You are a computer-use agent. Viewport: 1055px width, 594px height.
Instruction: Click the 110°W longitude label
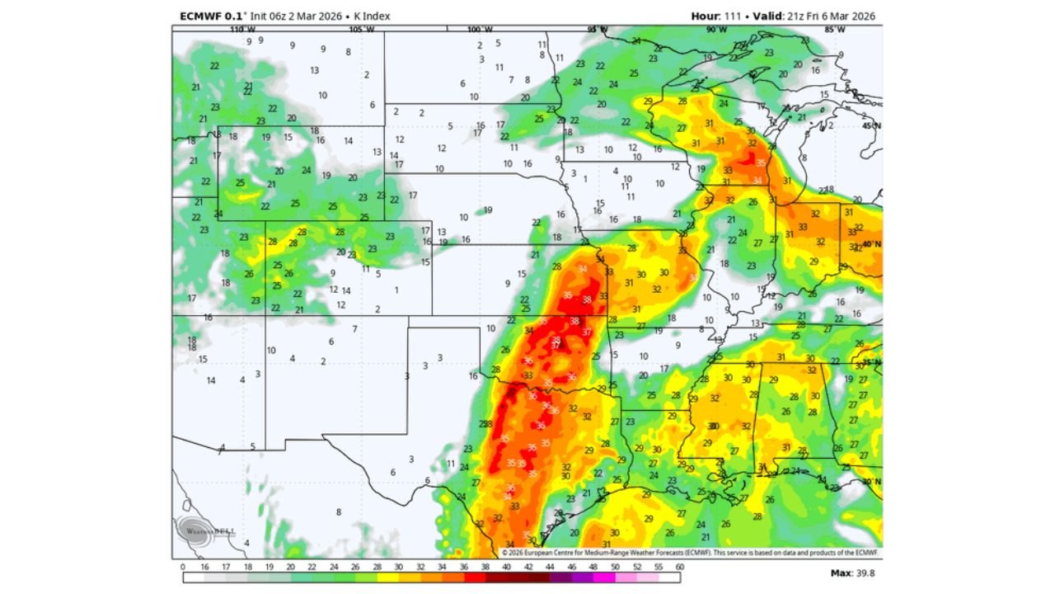(x=242, y=30)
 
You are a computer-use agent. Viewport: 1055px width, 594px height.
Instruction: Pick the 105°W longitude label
(x=362, y=30)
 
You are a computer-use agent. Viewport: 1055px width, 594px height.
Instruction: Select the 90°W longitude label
(x=716, y=30)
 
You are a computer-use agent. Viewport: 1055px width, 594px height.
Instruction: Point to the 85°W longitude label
(x=835, y=30)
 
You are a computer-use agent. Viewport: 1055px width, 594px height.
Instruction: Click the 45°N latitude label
(x=872, y=125)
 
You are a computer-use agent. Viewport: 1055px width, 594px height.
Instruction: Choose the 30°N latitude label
(x=872, y=482)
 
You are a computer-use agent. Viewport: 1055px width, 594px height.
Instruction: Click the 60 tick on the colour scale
(x=680, y=568)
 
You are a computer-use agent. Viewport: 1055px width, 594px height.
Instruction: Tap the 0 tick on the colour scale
(x=182, y=568)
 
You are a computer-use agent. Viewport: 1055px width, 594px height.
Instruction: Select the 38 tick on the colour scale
(x=485, y=568)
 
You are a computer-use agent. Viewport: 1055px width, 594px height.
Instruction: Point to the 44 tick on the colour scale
(x=550, y=568)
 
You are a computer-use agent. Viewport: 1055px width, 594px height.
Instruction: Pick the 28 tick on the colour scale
(x=377, y=568)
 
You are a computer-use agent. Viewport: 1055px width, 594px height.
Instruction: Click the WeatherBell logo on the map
(x=198, y=530)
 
